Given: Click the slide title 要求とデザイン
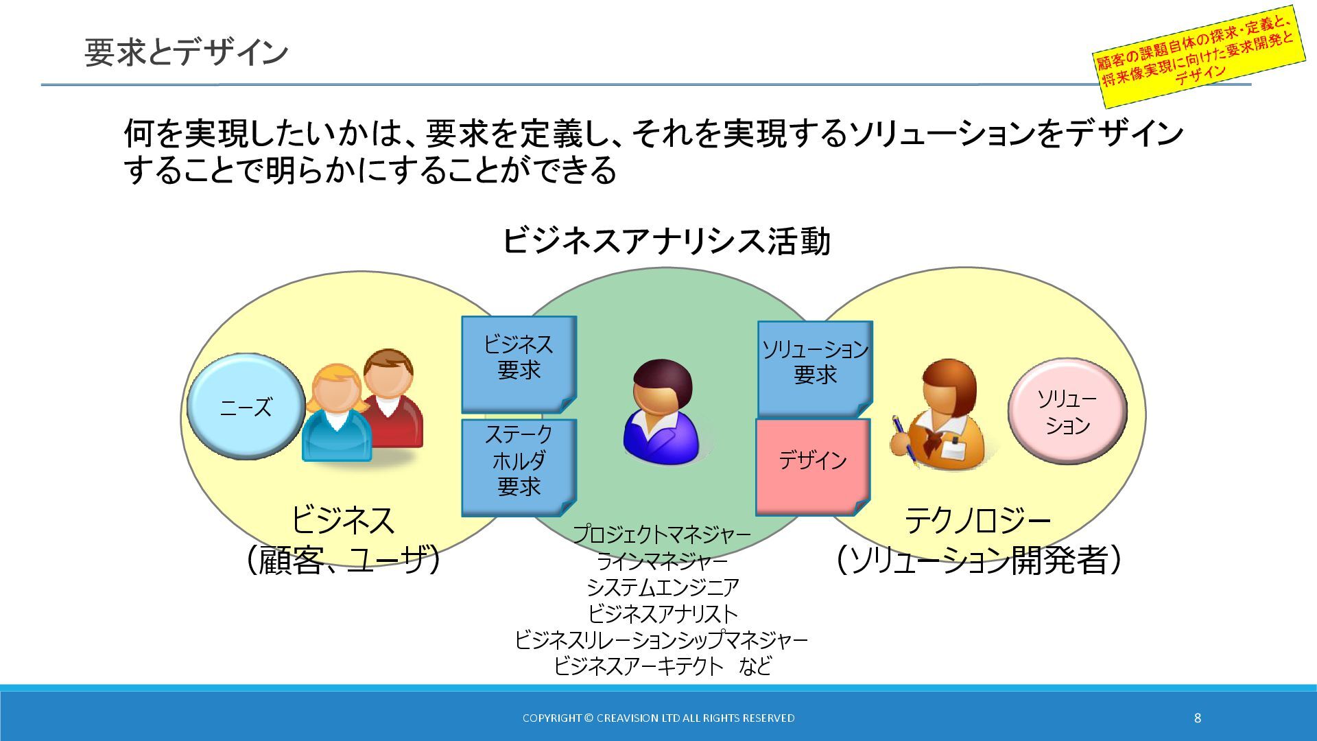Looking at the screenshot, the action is [x=186, y=53].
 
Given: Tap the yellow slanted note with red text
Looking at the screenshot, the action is [x=1197, y=56].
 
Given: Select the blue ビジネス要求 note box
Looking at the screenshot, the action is [x=519, y=357].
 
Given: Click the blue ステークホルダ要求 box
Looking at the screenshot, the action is [x=519, y=461].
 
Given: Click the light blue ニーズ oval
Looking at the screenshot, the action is [x=246, y=407].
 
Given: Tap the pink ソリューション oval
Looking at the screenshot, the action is [x=1067, y=412].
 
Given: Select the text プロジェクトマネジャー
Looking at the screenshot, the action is [x=661, y=534].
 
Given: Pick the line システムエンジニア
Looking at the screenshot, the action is [x=662, y=587].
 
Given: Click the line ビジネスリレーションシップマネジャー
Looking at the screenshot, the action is [x=661, y=639].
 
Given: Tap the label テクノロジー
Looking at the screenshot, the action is [x=977, y=521].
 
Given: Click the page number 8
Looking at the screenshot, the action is [x=1198, y=718].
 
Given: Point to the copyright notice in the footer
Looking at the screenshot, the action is [x=658, y=718].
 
